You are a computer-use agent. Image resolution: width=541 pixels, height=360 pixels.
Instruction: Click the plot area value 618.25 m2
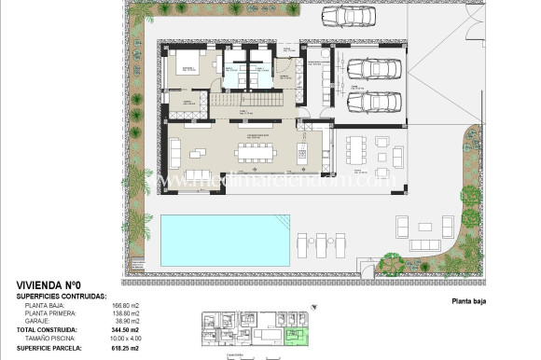(124, 347)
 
